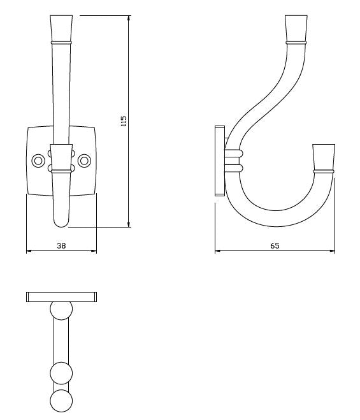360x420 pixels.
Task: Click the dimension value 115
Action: pos(124,121)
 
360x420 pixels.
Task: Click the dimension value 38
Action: pos(61,244)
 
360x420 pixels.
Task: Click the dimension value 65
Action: pos(275,245)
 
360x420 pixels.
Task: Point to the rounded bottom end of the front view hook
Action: pos(61,220)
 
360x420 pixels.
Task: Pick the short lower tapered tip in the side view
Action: pos(324,157)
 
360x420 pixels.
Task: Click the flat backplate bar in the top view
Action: pos(61,296)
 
